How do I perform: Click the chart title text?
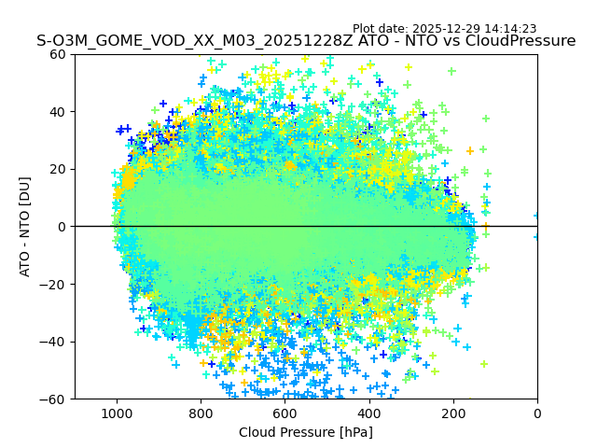coord(306,41)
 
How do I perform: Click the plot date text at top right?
coord(444,29)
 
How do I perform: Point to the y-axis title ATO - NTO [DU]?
coord(25,227)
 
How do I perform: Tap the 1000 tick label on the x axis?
coord(117,412)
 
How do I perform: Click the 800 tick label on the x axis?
coord(201,412)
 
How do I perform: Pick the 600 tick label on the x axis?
coord(285,412)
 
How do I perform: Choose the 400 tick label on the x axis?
coord(369,412)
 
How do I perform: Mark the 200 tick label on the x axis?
coord(453,412)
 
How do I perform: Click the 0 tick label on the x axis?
coord(537,412)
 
